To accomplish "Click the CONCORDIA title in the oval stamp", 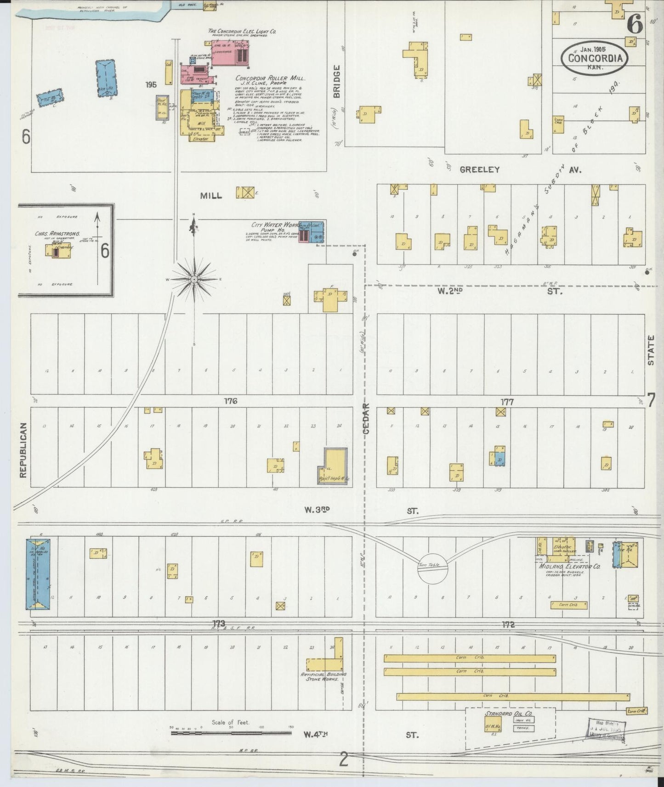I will pos(595,58).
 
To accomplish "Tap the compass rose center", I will pos(194,279).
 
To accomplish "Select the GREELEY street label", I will pos(479,169).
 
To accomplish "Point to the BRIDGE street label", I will pos(336,81).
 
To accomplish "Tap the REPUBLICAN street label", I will pos(24,450).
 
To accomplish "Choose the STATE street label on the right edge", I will pos(651,350).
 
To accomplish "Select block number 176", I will pos(230,401).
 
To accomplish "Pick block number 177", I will pos(507,402).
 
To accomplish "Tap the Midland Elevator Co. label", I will pos(569,567).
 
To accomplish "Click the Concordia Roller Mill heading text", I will pos(270,78).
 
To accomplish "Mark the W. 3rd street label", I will pos(317,510).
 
